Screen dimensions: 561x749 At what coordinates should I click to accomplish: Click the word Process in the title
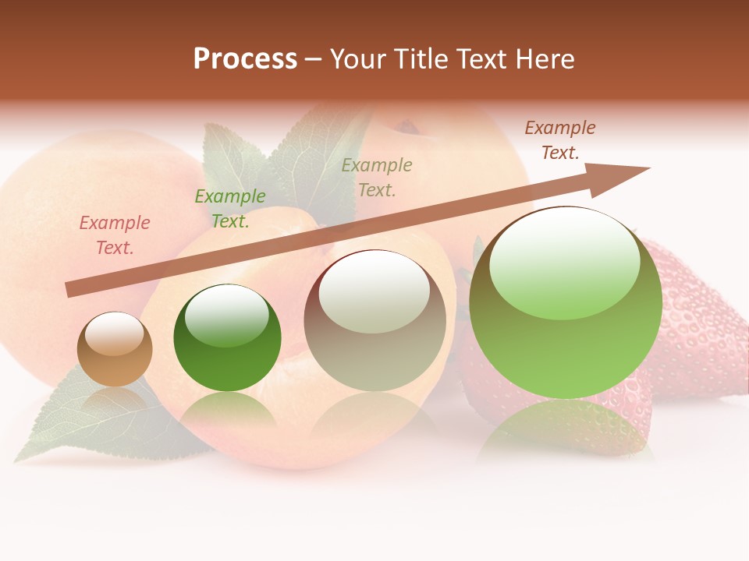click(245, 59)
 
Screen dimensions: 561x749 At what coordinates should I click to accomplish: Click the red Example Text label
click(114, 235)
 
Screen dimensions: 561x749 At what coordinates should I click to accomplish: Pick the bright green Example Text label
click(230, 209)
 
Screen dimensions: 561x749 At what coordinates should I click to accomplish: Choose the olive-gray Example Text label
click(377, 178)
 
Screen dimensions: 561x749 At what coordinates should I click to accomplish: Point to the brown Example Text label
click(559, 140)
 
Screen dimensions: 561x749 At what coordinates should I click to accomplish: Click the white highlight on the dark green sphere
click(226, 316)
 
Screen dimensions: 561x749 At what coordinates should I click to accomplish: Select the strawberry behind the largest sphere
click(694, 327)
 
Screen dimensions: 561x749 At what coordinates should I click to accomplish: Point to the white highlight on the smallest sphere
click(114, 333)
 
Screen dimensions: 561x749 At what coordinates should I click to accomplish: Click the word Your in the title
click(358, 59)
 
